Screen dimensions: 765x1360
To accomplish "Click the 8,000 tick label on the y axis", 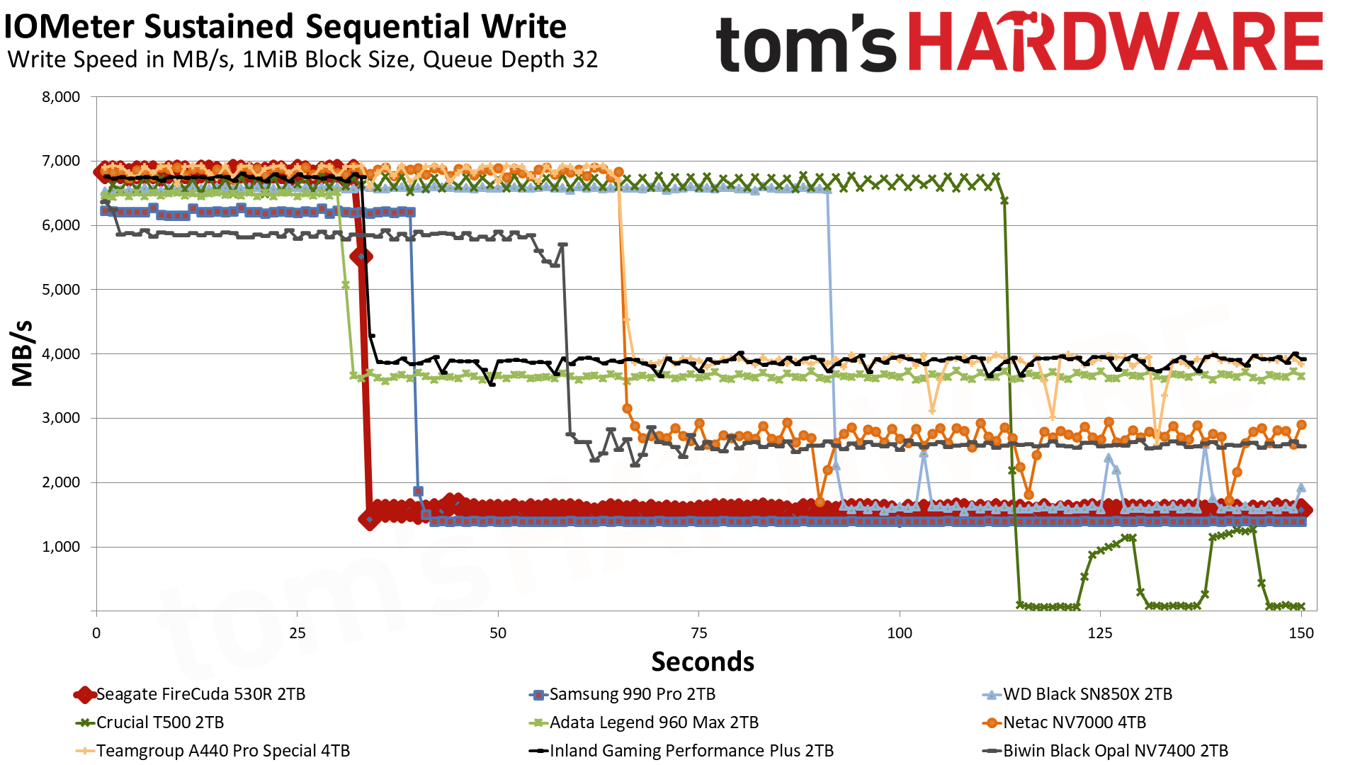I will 62,97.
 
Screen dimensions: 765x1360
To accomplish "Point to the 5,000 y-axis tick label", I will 62,290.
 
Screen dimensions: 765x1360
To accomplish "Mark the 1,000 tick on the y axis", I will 62,547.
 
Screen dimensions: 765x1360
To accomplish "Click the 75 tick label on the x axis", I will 698,633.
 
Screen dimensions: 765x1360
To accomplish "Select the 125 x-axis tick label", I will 1100,633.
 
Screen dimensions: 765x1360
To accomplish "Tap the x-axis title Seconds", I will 703,662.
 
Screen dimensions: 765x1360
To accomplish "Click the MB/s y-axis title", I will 23,353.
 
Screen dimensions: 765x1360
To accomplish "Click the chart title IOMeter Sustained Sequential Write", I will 285,27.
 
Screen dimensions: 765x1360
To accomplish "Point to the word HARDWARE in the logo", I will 1115,42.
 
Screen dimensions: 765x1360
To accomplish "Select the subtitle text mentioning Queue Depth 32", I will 302,59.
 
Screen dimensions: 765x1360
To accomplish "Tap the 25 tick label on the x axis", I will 297,633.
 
